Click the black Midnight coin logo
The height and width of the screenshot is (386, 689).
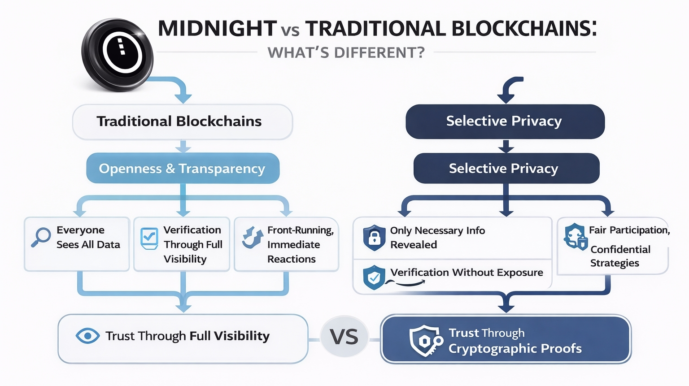[x=118, y=55]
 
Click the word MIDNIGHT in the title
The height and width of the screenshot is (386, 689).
[x=217, y=29]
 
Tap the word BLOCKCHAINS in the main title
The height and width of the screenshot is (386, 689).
[x=523, y=29]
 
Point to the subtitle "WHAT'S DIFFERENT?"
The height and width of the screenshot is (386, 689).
[x=346, y=53]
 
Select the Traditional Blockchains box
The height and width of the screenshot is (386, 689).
[x=182, y=121]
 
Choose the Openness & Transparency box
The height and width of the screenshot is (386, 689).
[x=183, y=169]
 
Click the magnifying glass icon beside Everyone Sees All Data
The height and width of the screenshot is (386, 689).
[x=41, y=237]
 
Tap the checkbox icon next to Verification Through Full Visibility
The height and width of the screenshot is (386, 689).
[x=149, y=238]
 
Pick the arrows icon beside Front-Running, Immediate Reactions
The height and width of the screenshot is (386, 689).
[x=252, y=237]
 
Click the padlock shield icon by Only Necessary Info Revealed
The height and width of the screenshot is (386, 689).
[x=374, y=238]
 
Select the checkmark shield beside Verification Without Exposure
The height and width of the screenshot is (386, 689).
[x=374, y=278]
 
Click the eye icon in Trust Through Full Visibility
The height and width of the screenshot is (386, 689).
[x=87, y=336]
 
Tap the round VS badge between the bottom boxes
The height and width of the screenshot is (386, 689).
[x=344, y=337]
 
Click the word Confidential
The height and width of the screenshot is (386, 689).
[x=620, y=249]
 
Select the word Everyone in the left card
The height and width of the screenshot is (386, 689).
[x=80, y=230]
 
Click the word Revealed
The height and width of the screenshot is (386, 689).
[x=413, y=245]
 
